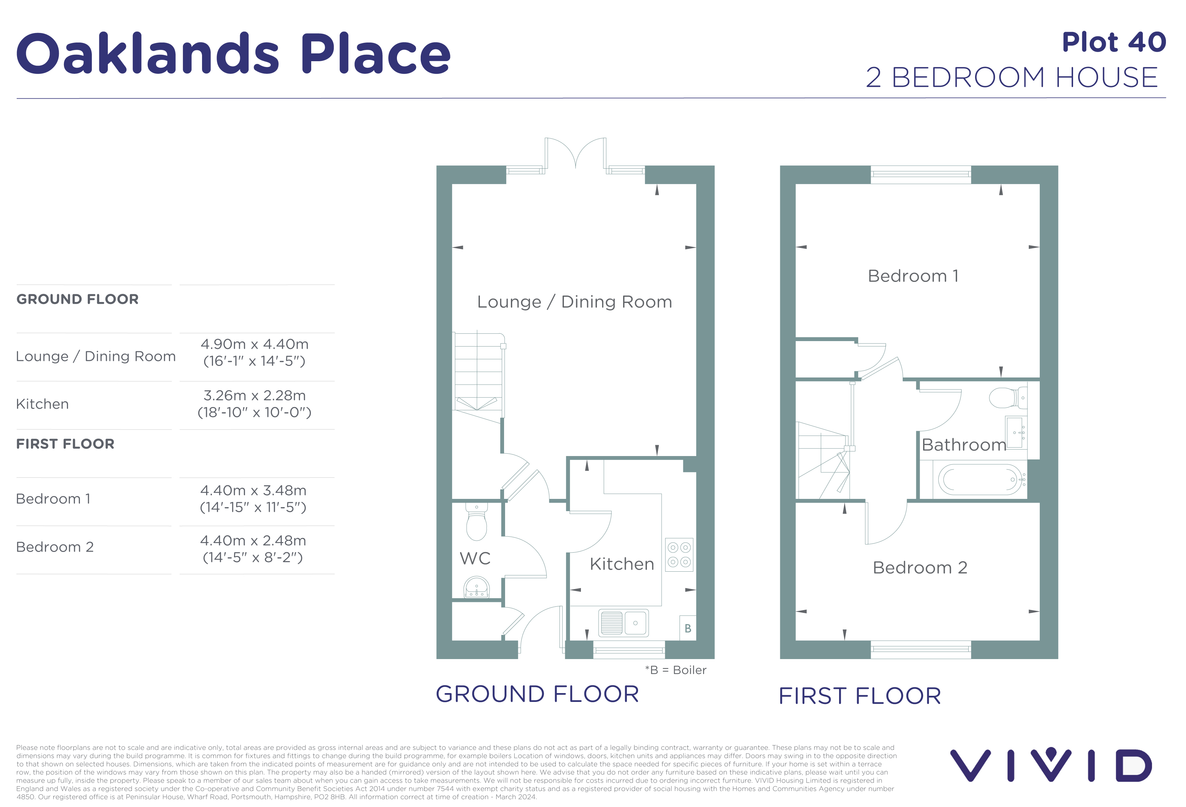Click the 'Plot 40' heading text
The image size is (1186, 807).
[x=1114, y=42]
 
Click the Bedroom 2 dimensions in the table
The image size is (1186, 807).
[x=253, y=549]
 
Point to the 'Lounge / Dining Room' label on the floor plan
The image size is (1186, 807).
[x=574, y=302]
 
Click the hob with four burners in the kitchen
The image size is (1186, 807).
[x=679, y=554]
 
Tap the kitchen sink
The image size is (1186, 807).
[x=623, y=623]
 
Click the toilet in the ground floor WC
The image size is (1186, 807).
[x=476, y=521]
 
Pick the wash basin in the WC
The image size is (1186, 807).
[x=476, y=587]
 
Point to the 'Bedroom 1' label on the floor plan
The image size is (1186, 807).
[x=913, y=276]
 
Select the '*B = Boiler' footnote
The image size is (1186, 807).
[x=676, y=670]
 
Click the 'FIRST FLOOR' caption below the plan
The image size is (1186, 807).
[x=860, y=696]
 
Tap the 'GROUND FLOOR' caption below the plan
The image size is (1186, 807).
[x=537, y=694]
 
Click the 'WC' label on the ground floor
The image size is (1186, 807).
[x=475, y=558]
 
